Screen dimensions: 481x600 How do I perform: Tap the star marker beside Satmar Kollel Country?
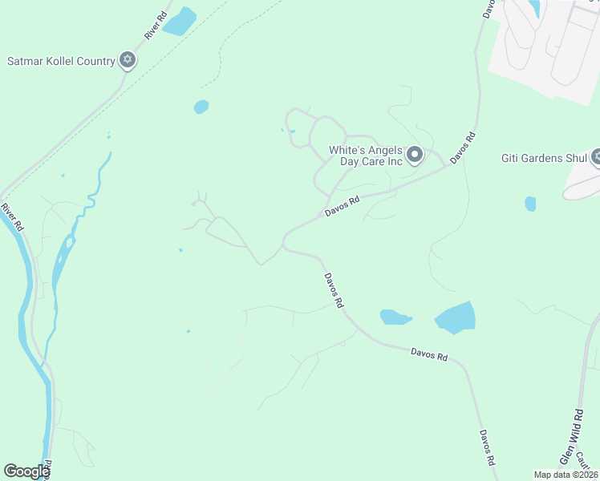(127, 59)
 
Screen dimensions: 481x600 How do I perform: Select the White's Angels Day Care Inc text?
(365, 156)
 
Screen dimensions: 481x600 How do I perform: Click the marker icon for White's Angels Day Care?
(414, 154)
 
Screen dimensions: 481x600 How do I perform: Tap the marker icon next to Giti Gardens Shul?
(596, 157)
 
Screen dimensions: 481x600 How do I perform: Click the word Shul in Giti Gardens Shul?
(577, 158)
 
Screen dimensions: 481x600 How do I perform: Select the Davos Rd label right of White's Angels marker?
(464, 148)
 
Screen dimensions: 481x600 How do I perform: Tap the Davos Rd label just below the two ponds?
(428, 353)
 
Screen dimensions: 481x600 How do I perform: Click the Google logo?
(26, 471)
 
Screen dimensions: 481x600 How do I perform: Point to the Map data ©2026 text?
(566, 475)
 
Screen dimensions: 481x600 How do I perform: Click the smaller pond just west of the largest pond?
(395, 317)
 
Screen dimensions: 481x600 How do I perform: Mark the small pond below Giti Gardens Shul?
(530, 204)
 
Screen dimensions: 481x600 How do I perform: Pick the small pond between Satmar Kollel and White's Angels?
(201, 107)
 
